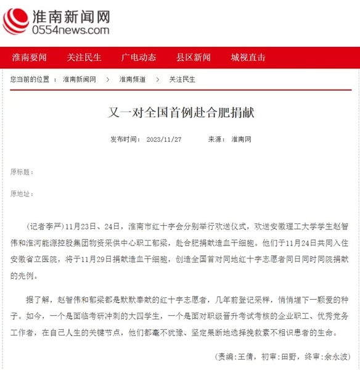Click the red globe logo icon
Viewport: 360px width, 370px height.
coord(15,20)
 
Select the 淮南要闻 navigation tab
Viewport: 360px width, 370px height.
coord(30,58)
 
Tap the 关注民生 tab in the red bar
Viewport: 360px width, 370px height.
coord(84,58)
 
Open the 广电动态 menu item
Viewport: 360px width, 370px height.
coord(139,58)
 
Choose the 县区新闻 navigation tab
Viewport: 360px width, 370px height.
coord(194,58)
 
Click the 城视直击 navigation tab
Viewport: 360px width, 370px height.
coord(248,58)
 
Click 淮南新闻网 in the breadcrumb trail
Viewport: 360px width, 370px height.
coord(80,80)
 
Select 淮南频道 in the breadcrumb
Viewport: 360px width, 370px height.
coord(133,80)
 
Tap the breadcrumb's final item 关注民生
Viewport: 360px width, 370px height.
coord(182,80)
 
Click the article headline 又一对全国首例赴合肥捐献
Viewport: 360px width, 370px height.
coord(179,114)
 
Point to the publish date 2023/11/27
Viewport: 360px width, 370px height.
coord(163,139)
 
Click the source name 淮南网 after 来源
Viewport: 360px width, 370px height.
coord(241,139)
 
